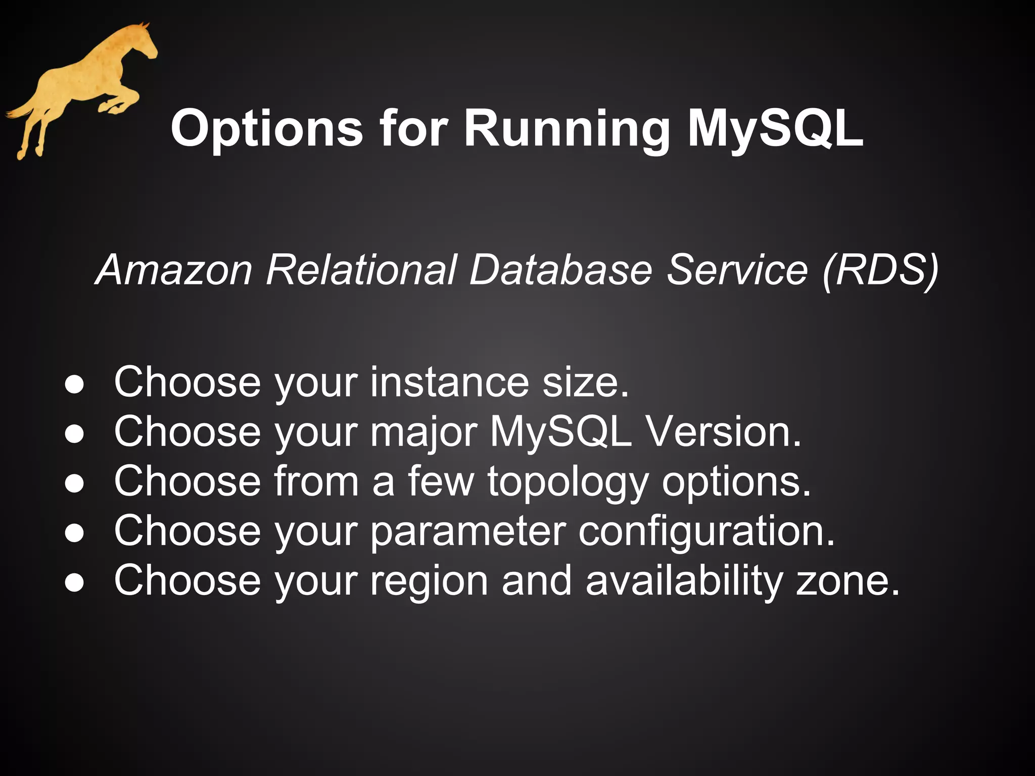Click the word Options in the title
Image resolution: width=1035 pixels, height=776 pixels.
[266, 129]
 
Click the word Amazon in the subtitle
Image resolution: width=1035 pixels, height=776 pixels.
[174, 270]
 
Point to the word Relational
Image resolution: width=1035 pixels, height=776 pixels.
[362, 270]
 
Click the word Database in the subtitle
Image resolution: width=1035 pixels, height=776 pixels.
[561, 270]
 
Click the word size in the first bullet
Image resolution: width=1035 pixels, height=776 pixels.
[586, 382]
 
